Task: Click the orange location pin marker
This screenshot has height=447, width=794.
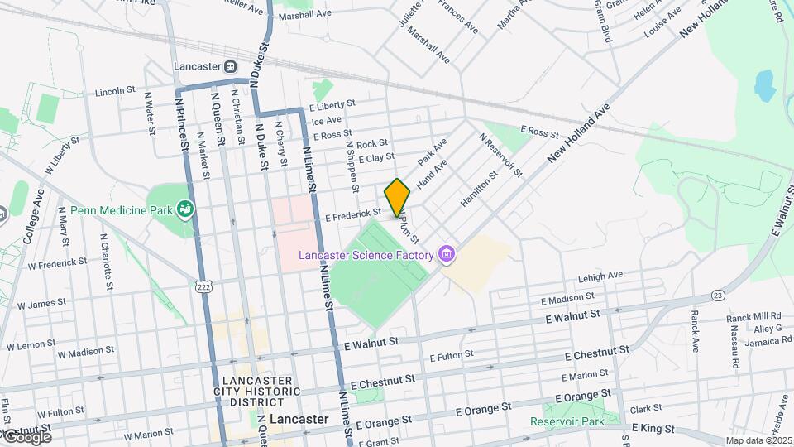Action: point(397,197)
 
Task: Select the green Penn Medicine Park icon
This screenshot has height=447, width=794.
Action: point(188,209)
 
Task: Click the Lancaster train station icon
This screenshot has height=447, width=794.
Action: point(231,66)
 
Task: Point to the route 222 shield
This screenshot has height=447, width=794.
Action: point(202,286)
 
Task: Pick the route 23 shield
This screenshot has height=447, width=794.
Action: point(717,295)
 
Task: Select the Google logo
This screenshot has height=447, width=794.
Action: point(26,436)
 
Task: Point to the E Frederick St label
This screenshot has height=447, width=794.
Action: point(352,216)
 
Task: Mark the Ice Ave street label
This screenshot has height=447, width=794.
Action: point(326,120)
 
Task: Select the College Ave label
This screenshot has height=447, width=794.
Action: point(33,217)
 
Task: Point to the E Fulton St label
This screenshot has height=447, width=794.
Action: point(451,355)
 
